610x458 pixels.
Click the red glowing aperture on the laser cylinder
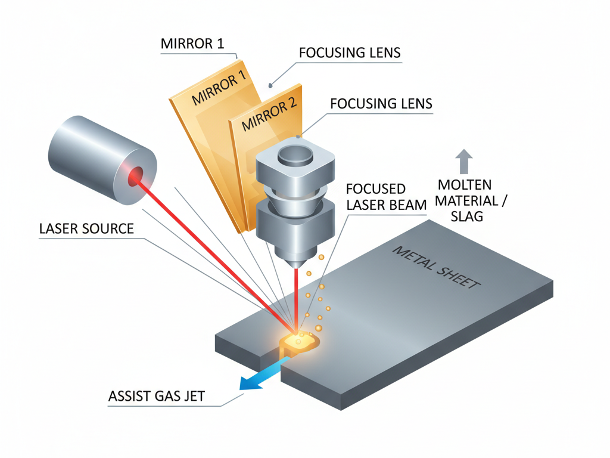point(135,176)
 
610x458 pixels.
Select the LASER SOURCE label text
point(86,228)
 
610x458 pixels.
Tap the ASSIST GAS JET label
point(157,396)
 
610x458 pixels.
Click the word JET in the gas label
point(192,396)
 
